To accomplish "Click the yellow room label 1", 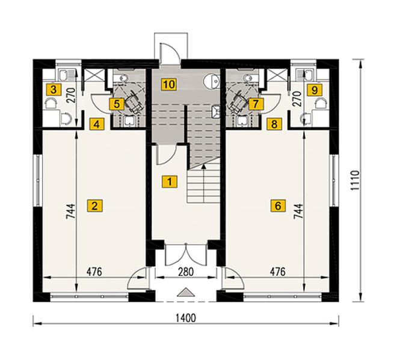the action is tap(170, 182).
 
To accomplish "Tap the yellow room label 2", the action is tap(94, 206).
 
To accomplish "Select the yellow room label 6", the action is tap(278, 206).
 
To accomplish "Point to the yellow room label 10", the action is tap(169, 84).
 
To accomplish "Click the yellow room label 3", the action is tap(54, 90).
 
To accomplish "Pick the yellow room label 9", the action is tap(315, 90).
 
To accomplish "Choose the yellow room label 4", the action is tap(97, 124).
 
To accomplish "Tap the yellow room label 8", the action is tap(274, 124).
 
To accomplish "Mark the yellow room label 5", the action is tap(117, 104).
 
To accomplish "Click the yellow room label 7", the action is tap(256, 104).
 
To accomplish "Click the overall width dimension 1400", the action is tap(186, 318).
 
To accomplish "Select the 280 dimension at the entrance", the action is tap(186, 272).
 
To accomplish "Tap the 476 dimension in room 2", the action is tap(94, 272).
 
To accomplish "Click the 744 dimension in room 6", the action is tap(298, 211).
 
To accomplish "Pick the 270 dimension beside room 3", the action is tap(72, 95).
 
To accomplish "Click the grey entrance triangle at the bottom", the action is tap(186, 292).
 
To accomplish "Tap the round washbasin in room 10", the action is tap(212, 81).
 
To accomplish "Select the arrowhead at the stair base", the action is tap(203, 166).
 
